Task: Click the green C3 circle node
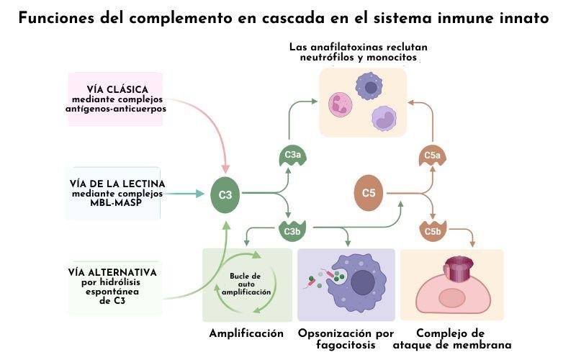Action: coord(225,194)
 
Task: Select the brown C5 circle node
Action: coord(369,193)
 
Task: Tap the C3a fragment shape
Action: coord(292,156)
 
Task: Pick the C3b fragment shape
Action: coord(292,231)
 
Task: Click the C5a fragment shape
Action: coord(433,156)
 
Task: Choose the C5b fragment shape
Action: coord(433,231)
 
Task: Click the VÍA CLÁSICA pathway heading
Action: coord(117,89)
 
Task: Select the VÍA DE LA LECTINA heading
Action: coord(112,184)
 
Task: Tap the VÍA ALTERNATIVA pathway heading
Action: coord(112,272)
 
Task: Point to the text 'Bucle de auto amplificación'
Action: coord(246,284)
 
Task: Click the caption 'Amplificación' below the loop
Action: coord(246,333)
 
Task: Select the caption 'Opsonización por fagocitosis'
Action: coord(346,339)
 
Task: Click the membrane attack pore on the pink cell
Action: coord(456,269)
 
